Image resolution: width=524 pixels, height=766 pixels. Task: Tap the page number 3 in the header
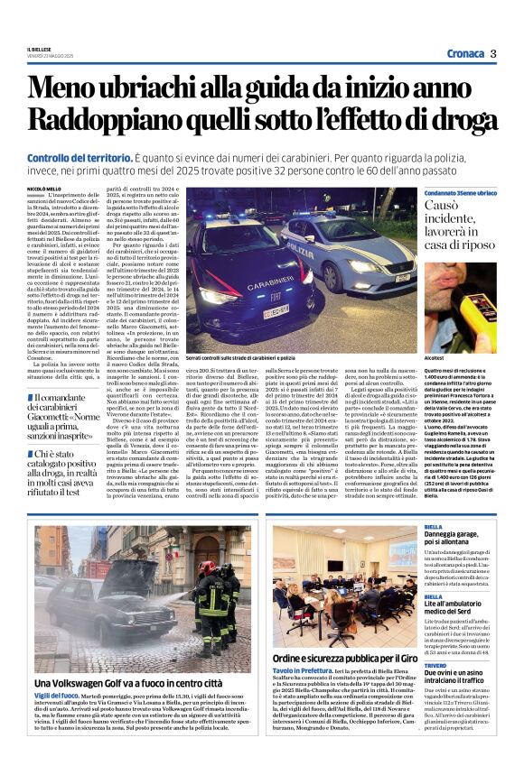(x=493, y=53)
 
